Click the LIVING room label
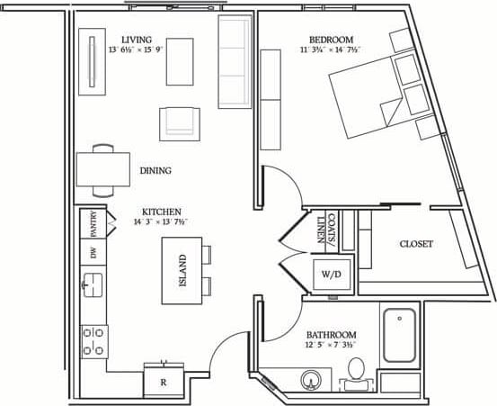[x=138, y=41]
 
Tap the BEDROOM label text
[x=332, y=40]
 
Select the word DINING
[x=155, y=170]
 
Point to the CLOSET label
[x=416, y=244]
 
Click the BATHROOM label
[x=331, y=333]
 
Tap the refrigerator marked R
[x=163, y=382]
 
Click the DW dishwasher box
[x=93, y=253]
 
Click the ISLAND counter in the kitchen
[x=182, y=271]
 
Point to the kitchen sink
[x=93, y=287]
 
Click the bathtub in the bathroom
[x=399, y=336]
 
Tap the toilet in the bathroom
[x=355, y=371]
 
